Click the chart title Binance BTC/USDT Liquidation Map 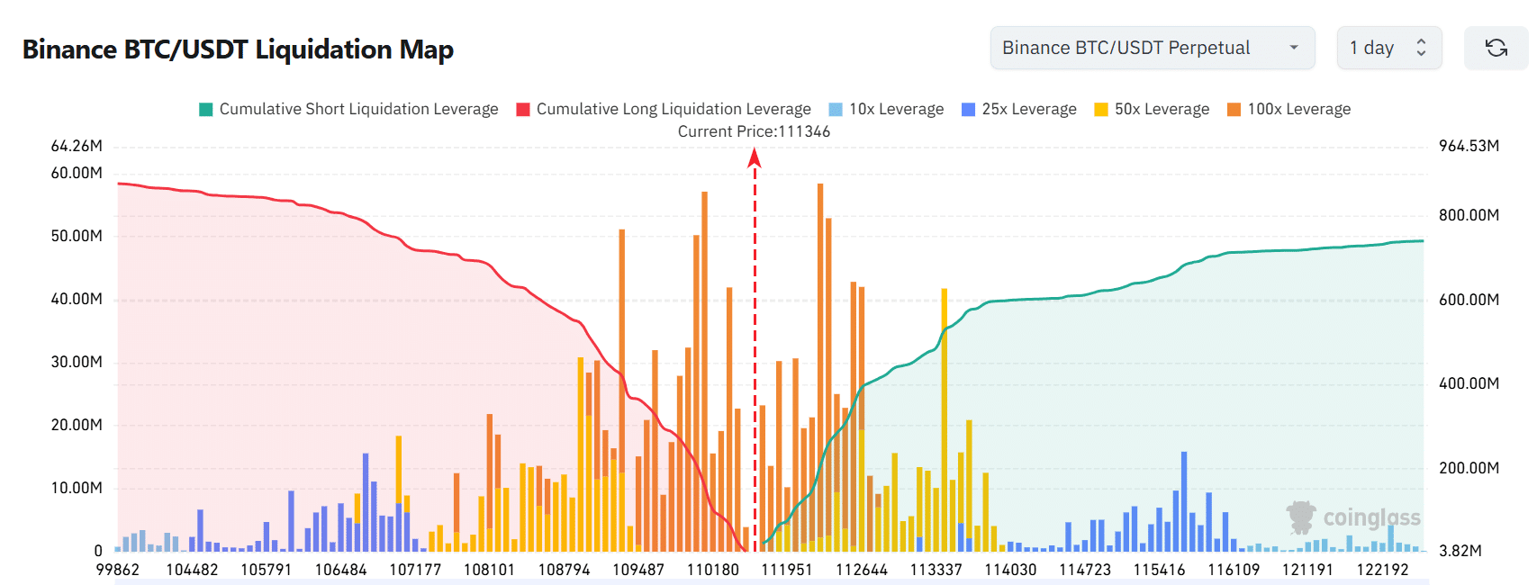coord(238,49)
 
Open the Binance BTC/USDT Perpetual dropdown coord(1152,48)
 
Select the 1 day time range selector coord(1388,48)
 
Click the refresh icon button coord(1496,48)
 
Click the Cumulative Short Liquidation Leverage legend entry coord(348,109)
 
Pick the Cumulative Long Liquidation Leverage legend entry coord(664,109)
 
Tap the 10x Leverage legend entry coord(886,109)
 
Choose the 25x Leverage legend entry coord(1019,109)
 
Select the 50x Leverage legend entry coord(1152,109)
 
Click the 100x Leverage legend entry coord(1288,109)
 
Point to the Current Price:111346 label coord(754,131)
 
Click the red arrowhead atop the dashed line coord(755,158)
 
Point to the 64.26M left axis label coord(77,146)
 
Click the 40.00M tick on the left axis coord(77,299)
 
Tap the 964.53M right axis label coord(1469,146)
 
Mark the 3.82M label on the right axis coord(1460,551)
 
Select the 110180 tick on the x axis coord(712,570)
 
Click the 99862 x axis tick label coord(118,570)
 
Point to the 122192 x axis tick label coord(1382,570)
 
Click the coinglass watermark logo coord(1353,517)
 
